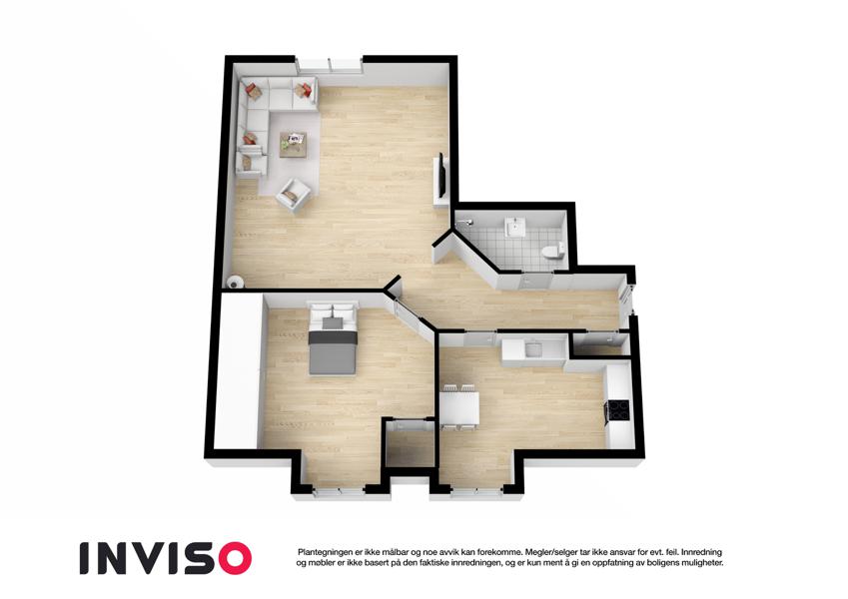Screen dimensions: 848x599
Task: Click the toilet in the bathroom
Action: click(551, 252)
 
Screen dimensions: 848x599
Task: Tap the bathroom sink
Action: click(514, 227)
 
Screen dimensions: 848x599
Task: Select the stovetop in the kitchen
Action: click(618, 409)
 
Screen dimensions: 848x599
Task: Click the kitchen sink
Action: click(534, 349)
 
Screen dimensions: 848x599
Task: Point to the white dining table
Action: click(459, 407)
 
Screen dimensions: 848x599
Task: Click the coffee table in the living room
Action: click(293, 145)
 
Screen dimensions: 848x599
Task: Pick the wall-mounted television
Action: click(441, 175)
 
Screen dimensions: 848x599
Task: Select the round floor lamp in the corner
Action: click(235, 283)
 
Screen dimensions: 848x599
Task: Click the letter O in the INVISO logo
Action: click(235, 558)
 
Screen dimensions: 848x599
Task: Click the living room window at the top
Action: click(330, 64)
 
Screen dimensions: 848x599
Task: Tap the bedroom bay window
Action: click(339, 491)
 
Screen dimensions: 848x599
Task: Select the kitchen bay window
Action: click(477, 491)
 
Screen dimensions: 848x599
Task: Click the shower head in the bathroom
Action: click(466, 222)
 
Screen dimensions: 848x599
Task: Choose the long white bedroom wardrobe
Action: click(238, 370)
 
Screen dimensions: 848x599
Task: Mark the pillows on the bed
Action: click(333, 310)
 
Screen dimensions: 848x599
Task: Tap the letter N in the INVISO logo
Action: click(119, 558)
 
